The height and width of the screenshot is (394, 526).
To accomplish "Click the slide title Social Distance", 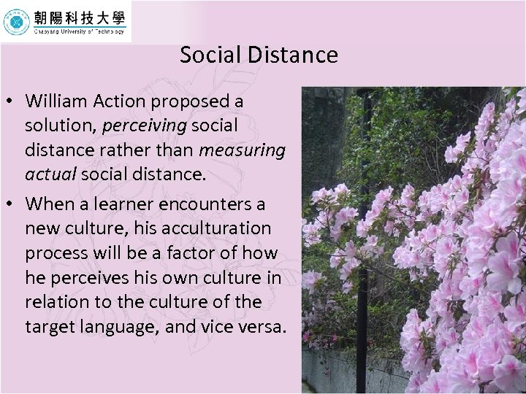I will click(259, 55).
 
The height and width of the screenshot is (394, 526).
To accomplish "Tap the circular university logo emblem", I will click(16, 22).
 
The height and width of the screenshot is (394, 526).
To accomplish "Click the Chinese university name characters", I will click(79, 17).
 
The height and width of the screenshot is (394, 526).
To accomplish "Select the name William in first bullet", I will click(56, 100).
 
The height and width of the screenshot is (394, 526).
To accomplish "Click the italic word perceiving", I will click(145, 125).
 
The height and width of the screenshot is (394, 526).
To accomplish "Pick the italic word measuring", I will click(242, 150).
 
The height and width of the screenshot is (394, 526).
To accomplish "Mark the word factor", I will click(201, 253).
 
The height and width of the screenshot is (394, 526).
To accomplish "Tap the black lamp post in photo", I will click(362, 241).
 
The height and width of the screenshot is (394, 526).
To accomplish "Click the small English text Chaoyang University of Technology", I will click(79, 31).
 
